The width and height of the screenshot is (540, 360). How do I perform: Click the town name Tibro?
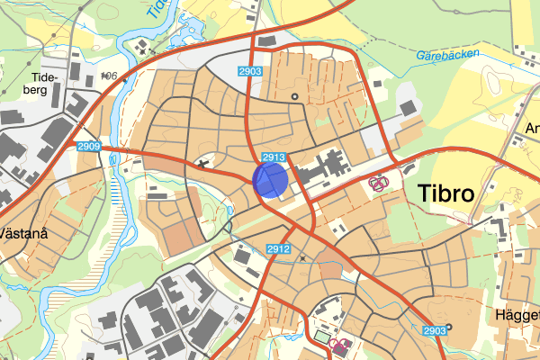click(451, 193)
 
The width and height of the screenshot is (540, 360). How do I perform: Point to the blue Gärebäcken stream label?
click(448, 56)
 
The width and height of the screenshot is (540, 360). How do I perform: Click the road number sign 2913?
click(274, 157)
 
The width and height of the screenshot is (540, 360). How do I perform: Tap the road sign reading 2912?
click(278, 248)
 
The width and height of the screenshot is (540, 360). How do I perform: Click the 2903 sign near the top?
click(250, 70)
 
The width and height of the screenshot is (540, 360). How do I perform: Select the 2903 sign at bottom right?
click(434, 331)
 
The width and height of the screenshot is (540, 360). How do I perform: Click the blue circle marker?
click(270, 180)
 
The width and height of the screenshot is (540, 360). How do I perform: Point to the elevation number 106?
click(110, 76)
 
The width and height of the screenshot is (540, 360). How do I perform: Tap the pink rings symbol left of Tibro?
click(379, 184)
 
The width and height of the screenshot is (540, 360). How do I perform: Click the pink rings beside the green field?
click(340, 345)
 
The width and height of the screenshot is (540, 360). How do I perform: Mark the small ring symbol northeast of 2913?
click(293, 96)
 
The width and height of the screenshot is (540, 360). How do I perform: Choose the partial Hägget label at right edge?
click(517, 315)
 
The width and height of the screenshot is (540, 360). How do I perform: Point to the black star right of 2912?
click(302, 259)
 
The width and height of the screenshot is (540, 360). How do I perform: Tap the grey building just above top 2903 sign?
click(267, 40)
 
